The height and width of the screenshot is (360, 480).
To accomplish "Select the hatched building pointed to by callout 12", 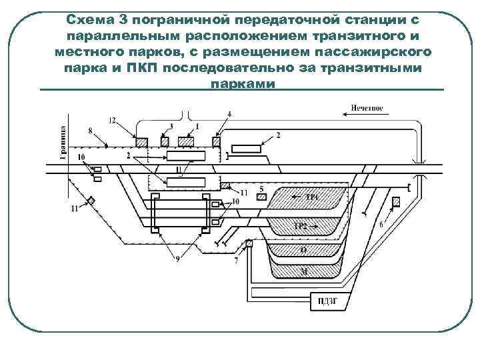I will pyautogui.click(x=141, y=142).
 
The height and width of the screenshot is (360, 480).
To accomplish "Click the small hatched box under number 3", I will pyautogui.click(x=165, y=142).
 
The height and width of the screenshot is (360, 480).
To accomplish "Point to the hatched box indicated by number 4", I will pyautogui.click(x=216, y=142).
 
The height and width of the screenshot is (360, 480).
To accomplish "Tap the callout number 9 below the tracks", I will pyautogui.click(x=176, y=259).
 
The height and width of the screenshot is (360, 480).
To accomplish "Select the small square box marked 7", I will pyautogui.click(x=249, y=245).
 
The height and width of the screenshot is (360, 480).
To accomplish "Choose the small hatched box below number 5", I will pyautogui.click(x=262, y=197).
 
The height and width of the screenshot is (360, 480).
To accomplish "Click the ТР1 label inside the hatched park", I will pyautogui.click(x=312, y=197).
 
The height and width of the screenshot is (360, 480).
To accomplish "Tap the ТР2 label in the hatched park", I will pyautogui.click(x=302, y=226).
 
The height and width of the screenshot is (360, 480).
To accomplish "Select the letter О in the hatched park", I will pyautogui.click(x=303, y=250).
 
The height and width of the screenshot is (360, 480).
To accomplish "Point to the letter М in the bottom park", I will pyautogui.click(x=304, y=270).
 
